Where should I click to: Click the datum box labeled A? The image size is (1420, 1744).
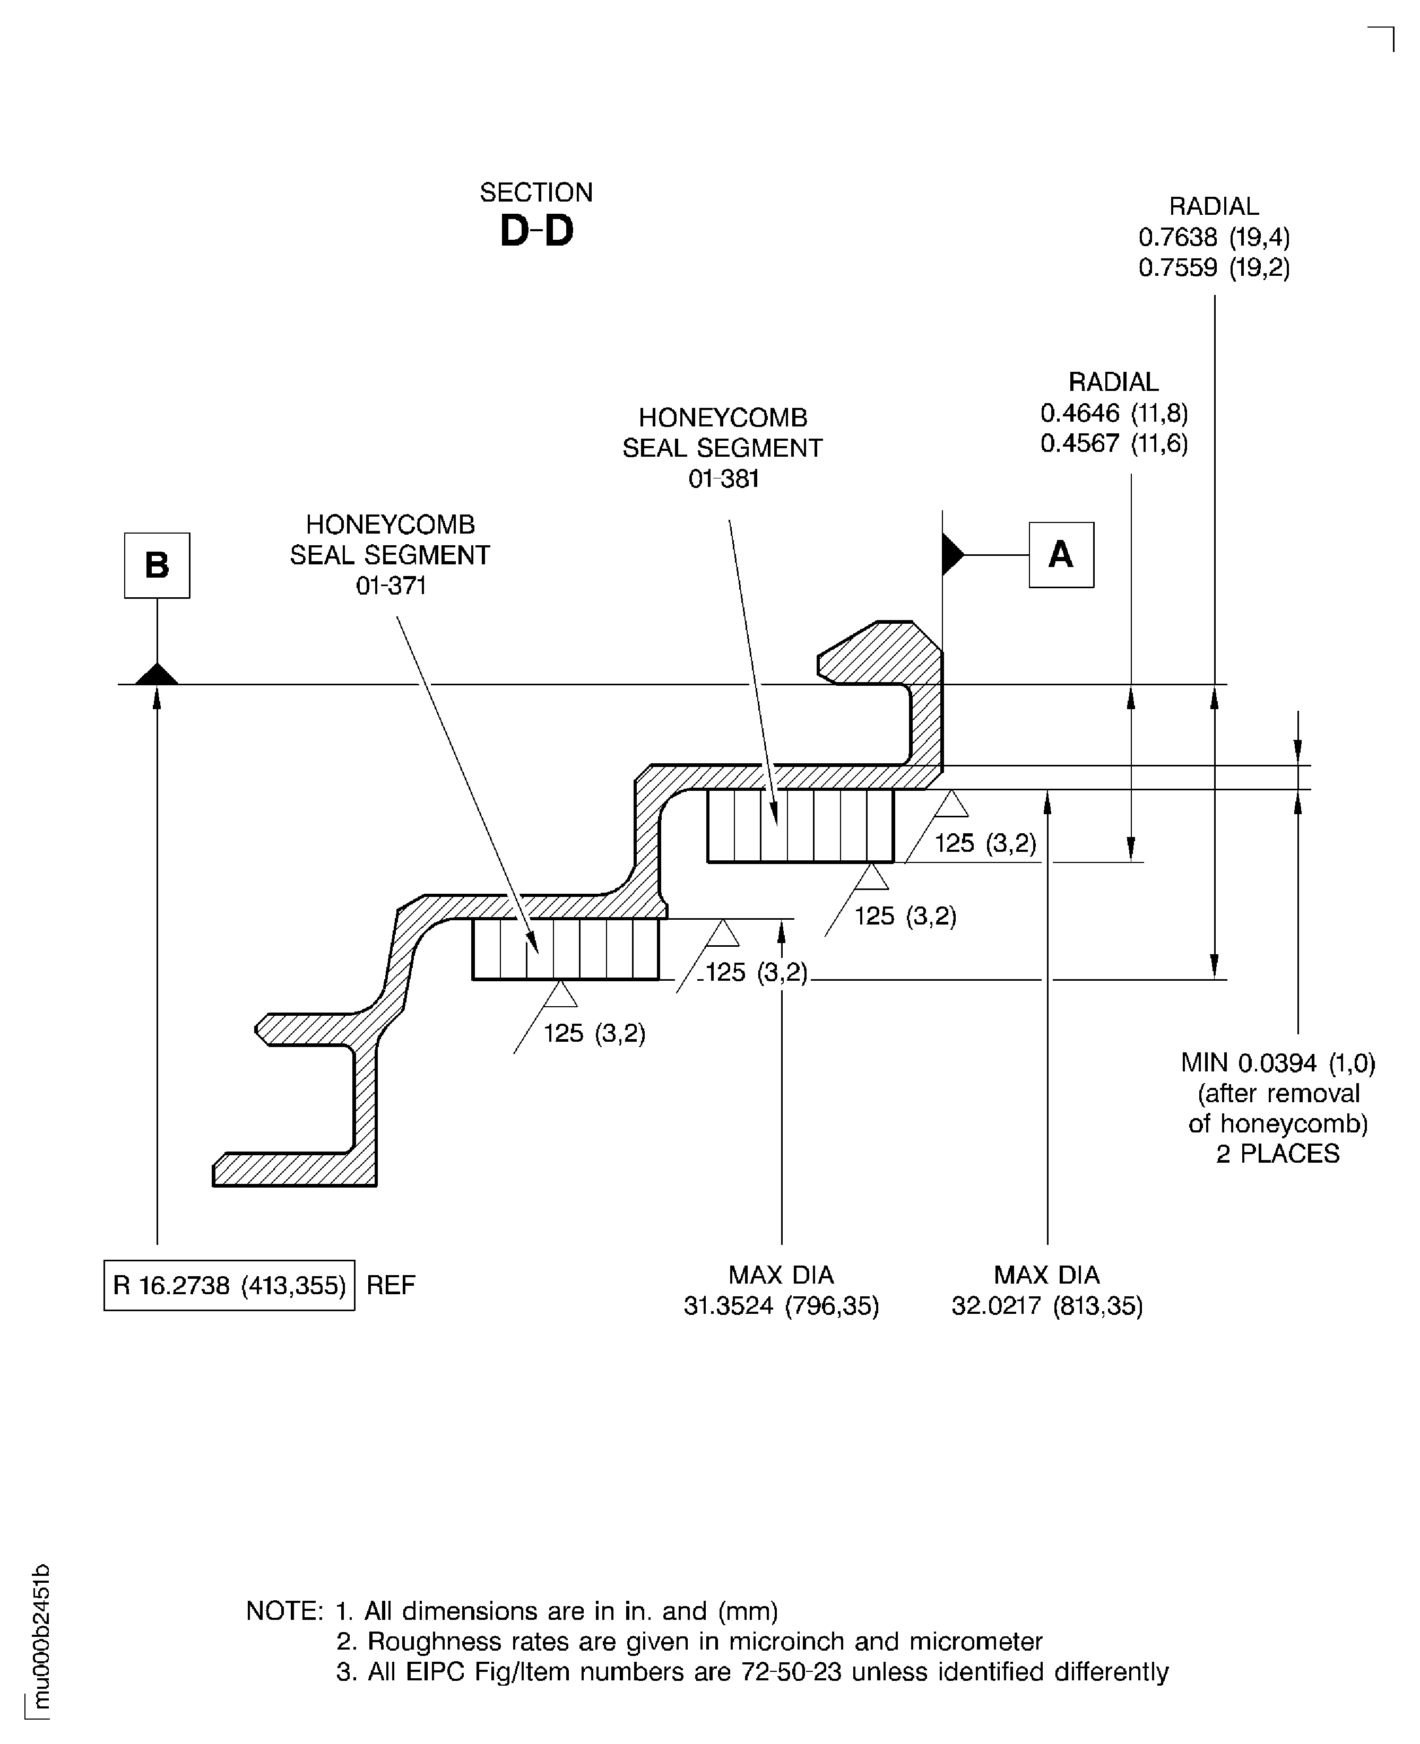[1061, 555]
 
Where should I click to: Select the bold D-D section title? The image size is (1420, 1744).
[536, 231]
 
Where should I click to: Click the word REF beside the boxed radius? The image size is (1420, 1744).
[390, 1285]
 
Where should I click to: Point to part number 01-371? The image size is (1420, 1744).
[391, 586]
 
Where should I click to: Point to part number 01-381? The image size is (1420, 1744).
[723, 479]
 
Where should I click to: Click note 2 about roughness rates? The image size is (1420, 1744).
[689, 1641]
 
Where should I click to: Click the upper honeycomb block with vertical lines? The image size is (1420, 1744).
[800, 826]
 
